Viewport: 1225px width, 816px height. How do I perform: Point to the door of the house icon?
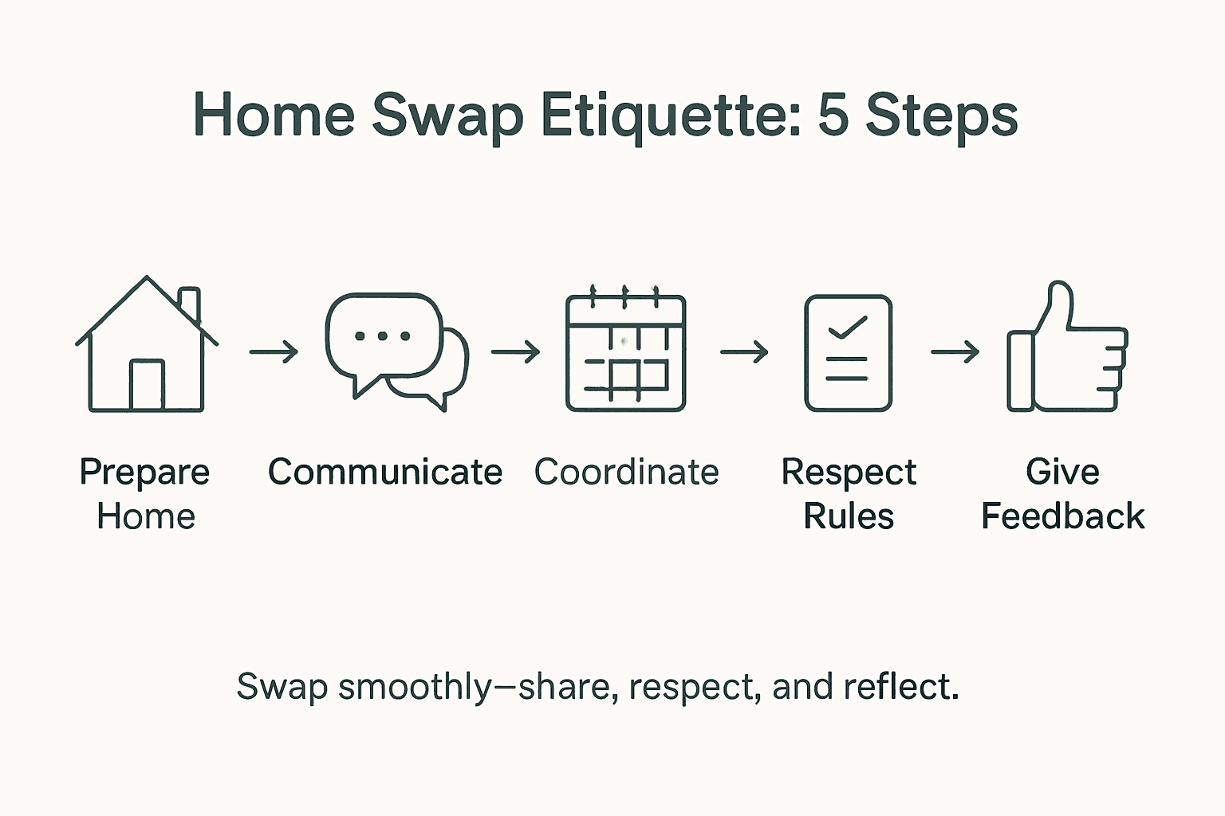pos(147,386)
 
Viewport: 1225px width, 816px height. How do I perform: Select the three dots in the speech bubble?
pos(382,336)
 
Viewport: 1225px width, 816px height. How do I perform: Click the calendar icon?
pos(625,351)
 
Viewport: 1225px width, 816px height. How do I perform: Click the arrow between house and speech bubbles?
pos(274,351)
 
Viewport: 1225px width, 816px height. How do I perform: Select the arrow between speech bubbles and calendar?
pos(515,351)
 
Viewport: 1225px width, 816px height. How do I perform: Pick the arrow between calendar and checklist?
pos(744,351)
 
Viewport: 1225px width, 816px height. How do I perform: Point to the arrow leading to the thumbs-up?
pos(955,351)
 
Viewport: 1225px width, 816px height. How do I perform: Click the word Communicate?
pos(385,472)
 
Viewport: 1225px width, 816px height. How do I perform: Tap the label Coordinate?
pos(626,472)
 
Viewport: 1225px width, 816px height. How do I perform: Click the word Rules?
pos(848,516)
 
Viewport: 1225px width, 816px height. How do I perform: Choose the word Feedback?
pos(1062,516)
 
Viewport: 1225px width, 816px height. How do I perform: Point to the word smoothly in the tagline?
pos(415,688)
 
